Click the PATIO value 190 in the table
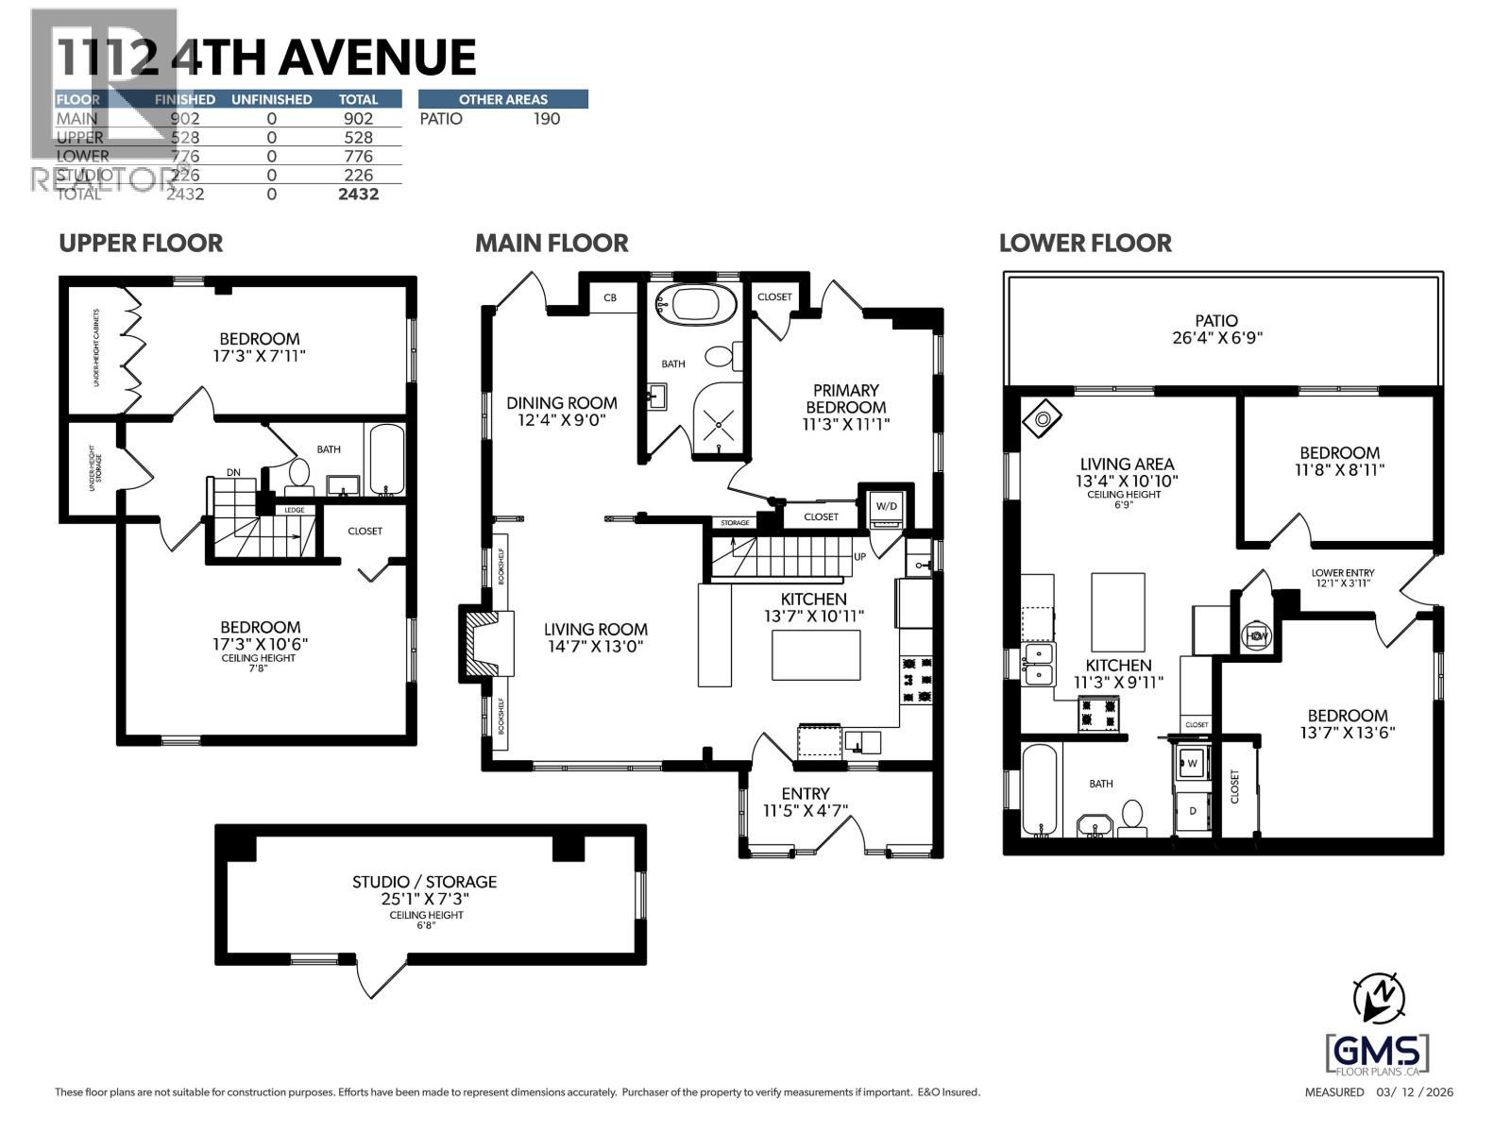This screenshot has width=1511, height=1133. [546, 119]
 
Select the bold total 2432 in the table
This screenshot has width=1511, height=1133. [358, 194]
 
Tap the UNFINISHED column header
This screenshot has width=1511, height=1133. [271, 99]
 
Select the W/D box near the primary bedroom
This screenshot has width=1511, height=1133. [887, 505]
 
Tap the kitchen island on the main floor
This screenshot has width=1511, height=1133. [816, 655]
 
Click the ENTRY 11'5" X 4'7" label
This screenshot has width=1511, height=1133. [805, 802]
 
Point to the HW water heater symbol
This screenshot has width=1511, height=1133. [1257, 635]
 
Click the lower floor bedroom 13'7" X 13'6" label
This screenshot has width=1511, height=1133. [1347, 723]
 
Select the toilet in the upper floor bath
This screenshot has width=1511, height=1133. [299, 473]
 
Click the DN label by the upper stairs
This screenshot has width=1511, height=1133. [233, 472]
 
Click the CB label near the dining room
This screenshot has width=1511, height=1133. [610, 297]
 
